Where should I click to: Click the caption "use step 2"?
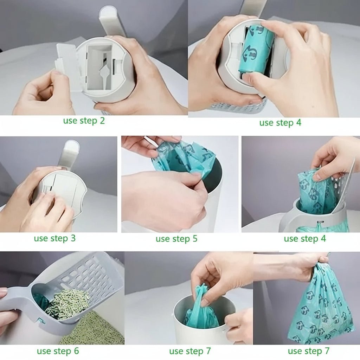[84, 121]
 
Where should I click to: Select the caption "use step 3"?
[54, 238]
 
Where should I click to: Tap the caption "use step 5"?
[176, 239]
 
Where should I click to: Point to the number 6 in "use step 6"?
[76, 351]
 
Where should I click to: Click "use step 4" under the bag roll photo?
[280, 123]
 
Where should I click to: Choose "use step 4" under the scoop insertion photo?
[305, 239]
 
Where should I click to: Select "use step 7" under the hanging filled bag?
[308, 351]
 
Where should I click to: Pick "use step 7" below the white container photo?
[190, 351]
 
